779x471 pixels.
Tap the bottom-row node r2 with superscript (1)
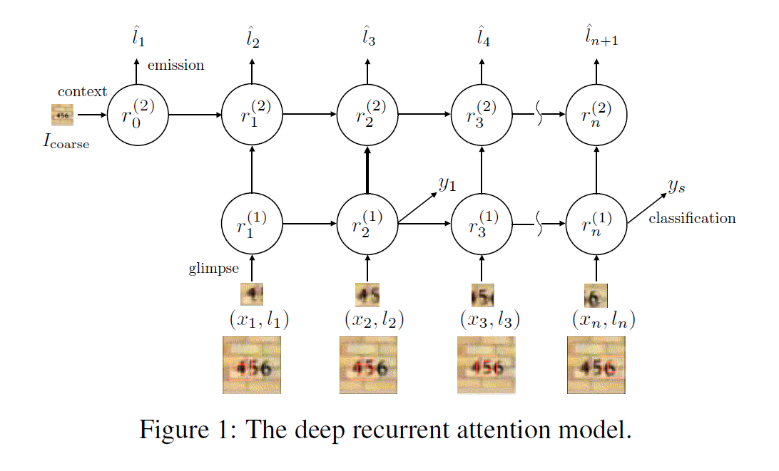pyautogui.click(x=367, y=224)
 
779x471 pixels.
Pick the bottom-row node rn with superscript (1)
pyautogui.click(x=596, y=224)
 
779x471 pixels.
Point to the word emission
pyautogui.click(x=175, y=66)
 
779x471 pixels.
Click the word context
pyautogui.click(x=82, y=91)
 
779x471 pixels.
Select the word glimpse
pyautogui.click(x=213, y=269)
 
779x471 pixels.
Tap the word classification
pyautogui.click(x=691, y=218)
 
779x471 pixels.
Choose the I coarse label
pyautogui.click(x=66, y=142)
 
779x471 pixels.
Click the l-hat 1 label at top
pyautogui.click(x=138, y=37)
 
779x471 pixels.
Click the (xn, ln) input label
pyautogui.click(x=604, y=319)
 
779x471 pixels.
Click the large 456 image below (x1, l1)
pyautogui.click(x=251, y=365)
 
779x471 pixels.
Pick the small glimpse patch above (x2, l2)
pyautogui.click(x=367, y=294)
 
